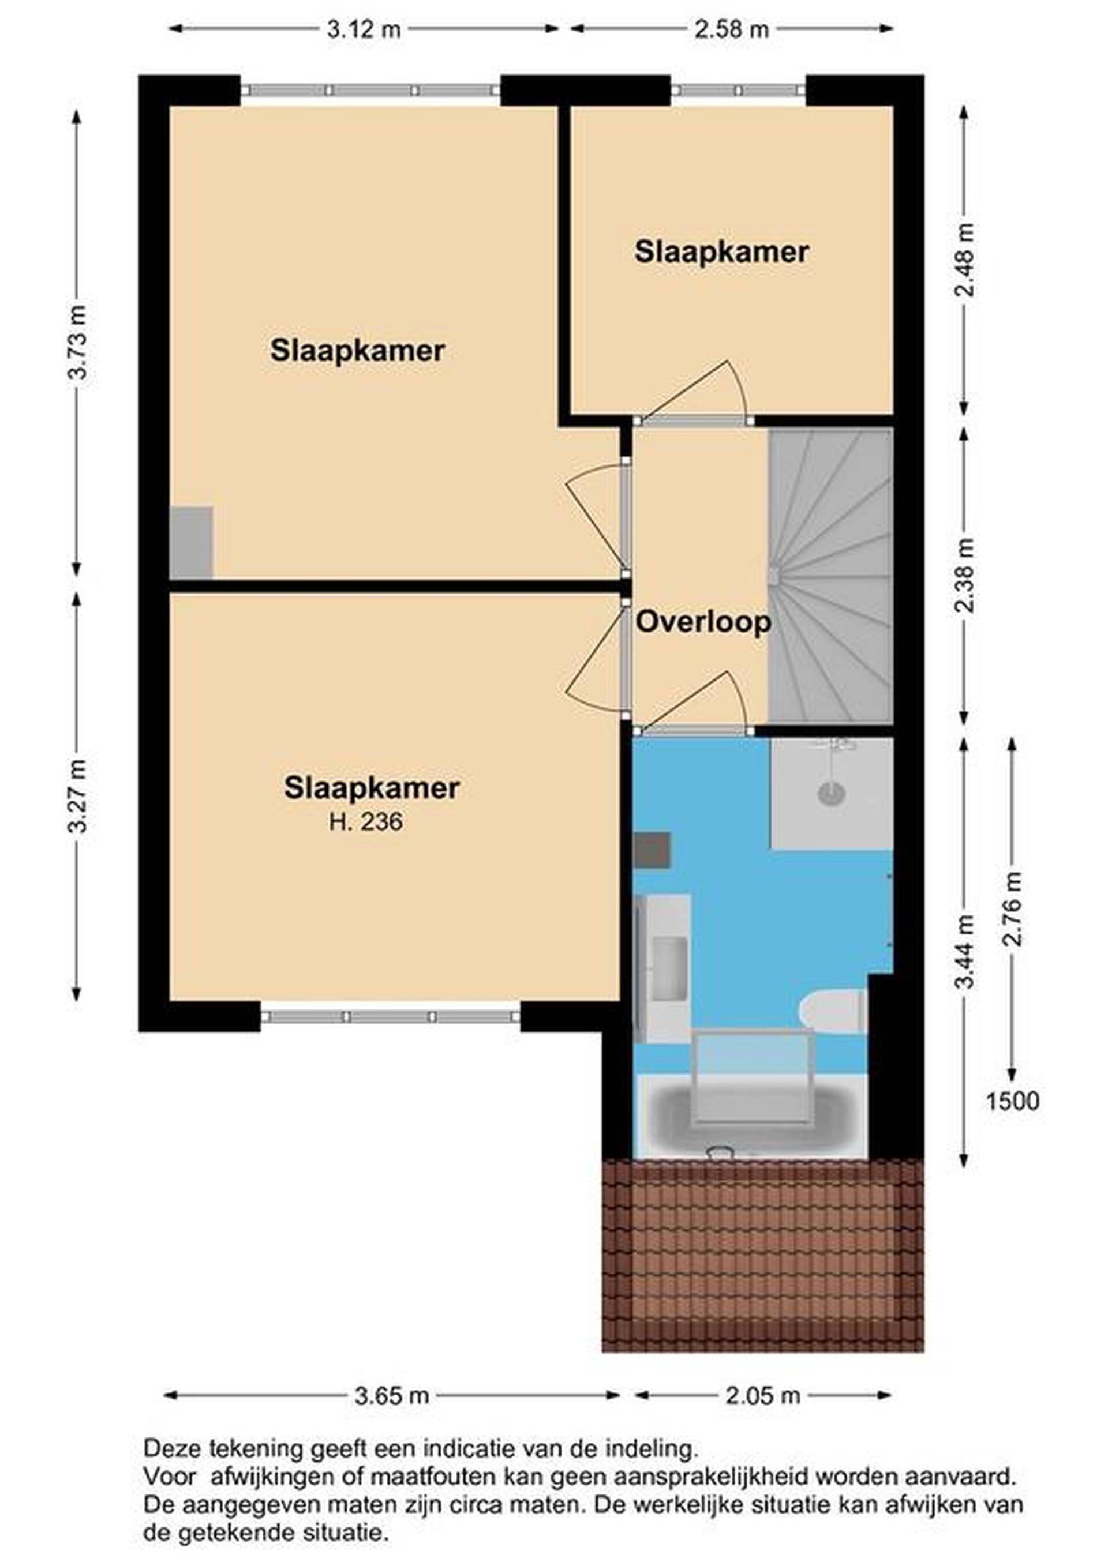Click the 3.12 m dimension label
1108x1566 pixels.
364,29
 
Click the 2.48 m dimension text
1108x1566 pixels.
965,260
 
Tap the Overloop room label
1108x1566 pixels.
703,623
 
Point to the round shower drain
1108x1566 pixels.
832,793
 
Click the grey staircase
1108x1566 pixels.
831,575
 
